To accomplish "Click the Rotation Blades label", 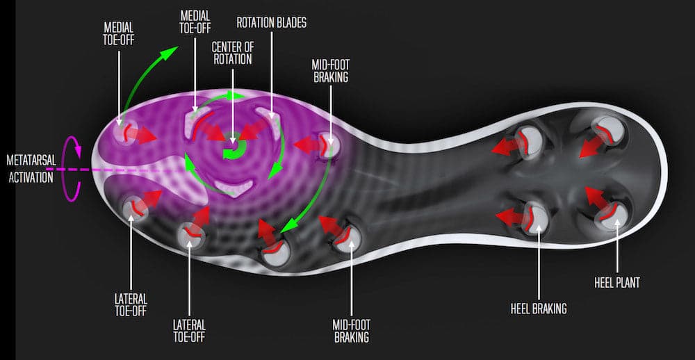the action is click(271, 23).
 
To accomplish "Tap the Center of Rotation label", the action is click(232, 53).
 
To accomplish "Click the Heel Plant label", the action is click(617, 282).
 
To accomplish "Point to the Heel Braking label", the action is click(539, 309).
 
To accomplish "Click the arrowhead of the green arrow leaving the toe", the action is click(170, 52).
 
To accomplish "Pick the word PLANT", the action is click(628, 282).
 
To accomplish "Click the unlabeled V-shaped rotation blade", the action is click(234, 186).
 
